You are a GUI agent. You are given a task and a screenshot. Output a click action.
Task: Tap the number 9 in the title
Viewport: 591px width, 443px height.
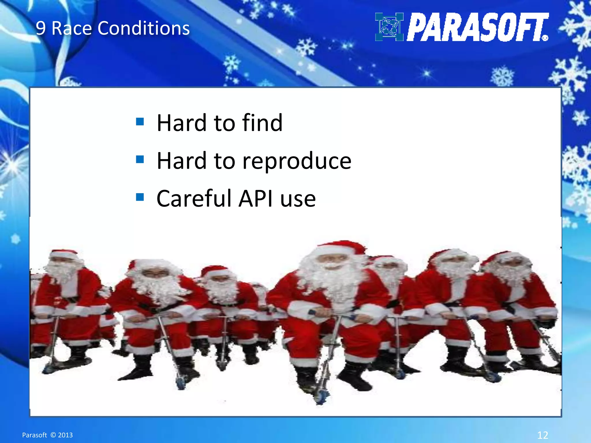tap(40, 29)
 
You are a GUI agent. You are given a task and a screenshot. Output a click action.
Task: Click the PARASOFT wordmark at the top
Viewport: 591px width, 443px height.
tap(476, 27)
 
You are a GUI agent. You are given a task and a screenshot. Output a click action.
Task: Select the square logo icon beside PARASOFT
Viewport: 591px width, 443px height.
tap(389, 27)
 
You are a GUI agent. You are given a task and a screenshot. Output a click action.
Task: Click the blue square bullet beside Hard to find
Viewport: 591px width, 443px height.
tap(140, 121)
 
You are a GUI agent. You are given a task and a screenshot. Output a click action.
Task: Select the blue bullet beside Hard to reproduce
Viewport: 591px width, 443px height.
tap(140, 159)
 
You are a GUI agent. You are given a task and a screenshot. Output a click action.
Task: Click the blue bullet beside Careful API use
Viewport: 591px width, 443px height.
tap(140, 197)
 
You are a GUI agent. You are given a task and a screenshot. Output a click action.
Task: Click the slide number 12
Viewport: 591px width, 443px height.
tap(543, 435)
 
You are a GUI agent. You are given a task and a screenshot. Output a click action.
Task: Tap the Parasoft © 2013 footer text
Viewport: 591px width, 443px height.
tap(47, 435)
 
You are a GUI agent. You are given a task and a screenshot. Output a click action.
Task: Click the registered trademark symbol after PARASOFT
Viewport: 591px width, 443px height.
tap(545, 38)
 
